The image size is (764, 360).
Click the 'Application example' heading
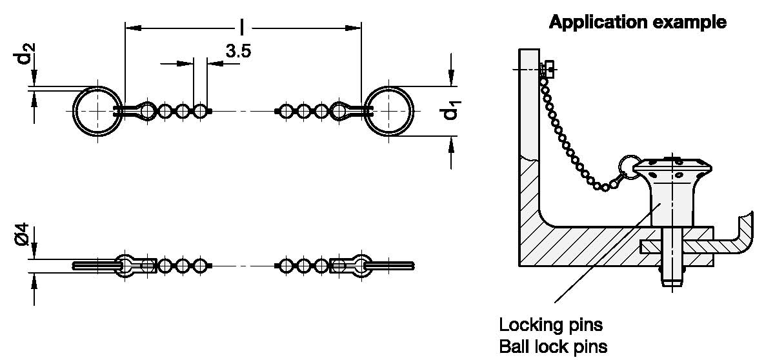637,23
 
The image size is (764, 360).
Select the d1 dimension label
451,113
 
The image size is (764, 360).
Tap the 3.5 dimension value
238,52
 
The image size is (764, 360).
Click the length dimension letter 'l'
242,27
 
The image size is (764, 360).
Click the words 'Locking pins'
550,323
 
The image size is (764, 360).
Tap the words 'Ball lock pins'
553,346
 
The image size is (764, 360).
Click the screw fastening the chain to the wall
548,68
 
